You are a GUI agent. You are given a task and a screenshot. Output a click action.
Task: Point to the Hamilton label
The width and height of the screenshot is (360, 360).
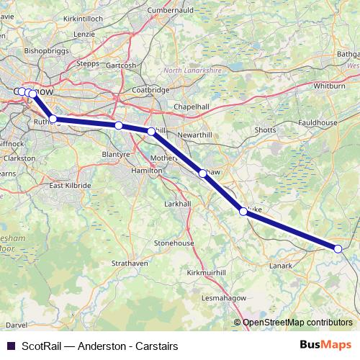[147, 170]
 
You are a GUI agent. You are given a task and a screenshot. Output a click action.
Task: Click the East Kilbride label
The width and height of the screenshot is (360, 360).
[70, 185]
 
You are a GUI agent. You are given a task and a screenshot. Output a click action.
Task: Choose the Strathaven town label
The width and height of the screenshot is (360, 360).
[130, 264]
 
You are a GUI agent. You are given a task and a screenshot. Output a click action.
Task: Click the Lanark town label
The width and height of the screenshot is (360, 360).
[281, 266]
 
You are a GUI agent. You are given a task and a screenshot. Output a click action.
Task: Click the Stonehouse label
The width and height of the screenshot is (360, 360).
[174, 243]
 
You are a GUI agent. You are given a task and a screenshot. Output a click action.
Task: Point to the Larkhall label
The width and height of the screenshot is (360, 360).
[177, 204]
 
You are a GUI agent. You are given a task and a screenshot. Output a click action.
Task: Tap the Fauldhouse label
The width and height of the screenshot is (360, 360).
[319, 123]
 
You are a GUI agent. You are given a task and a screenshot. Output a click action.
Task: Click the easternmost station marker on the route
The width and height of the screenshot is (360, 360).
[338, 248]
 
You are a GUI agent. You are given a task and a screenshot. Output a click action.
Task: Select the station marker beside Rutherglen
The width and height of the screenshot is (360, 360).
[53, 119]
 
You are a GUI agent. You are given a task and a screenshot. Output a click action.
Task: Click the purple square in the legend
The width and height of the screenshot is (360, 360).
[10, 346]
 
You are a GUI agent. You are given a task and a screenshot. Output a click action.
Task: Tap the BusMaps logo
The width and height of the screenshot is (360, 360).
[325, 346]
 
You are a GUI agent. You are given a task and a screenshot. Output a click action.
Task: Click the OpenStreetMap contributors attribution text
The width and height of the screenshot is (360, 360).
[297, 323]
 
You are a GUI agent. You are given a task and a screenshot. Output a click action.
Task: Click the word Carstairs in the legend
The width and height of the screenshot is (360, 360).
[156, 346]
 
